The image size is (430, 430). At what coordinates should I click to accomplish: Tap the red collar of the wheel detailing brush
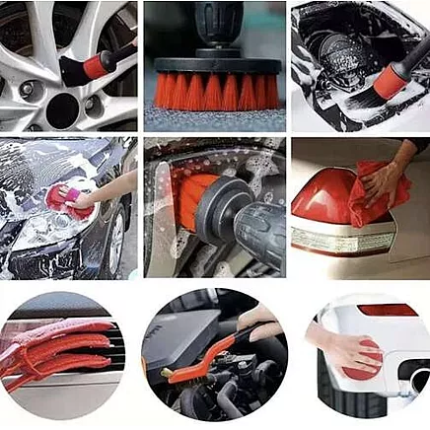95,66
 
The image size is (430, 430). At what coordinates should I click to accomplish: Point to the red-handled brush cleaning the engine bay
391,79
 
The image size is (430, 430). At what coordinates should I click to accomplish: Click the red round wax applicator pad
364,359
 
